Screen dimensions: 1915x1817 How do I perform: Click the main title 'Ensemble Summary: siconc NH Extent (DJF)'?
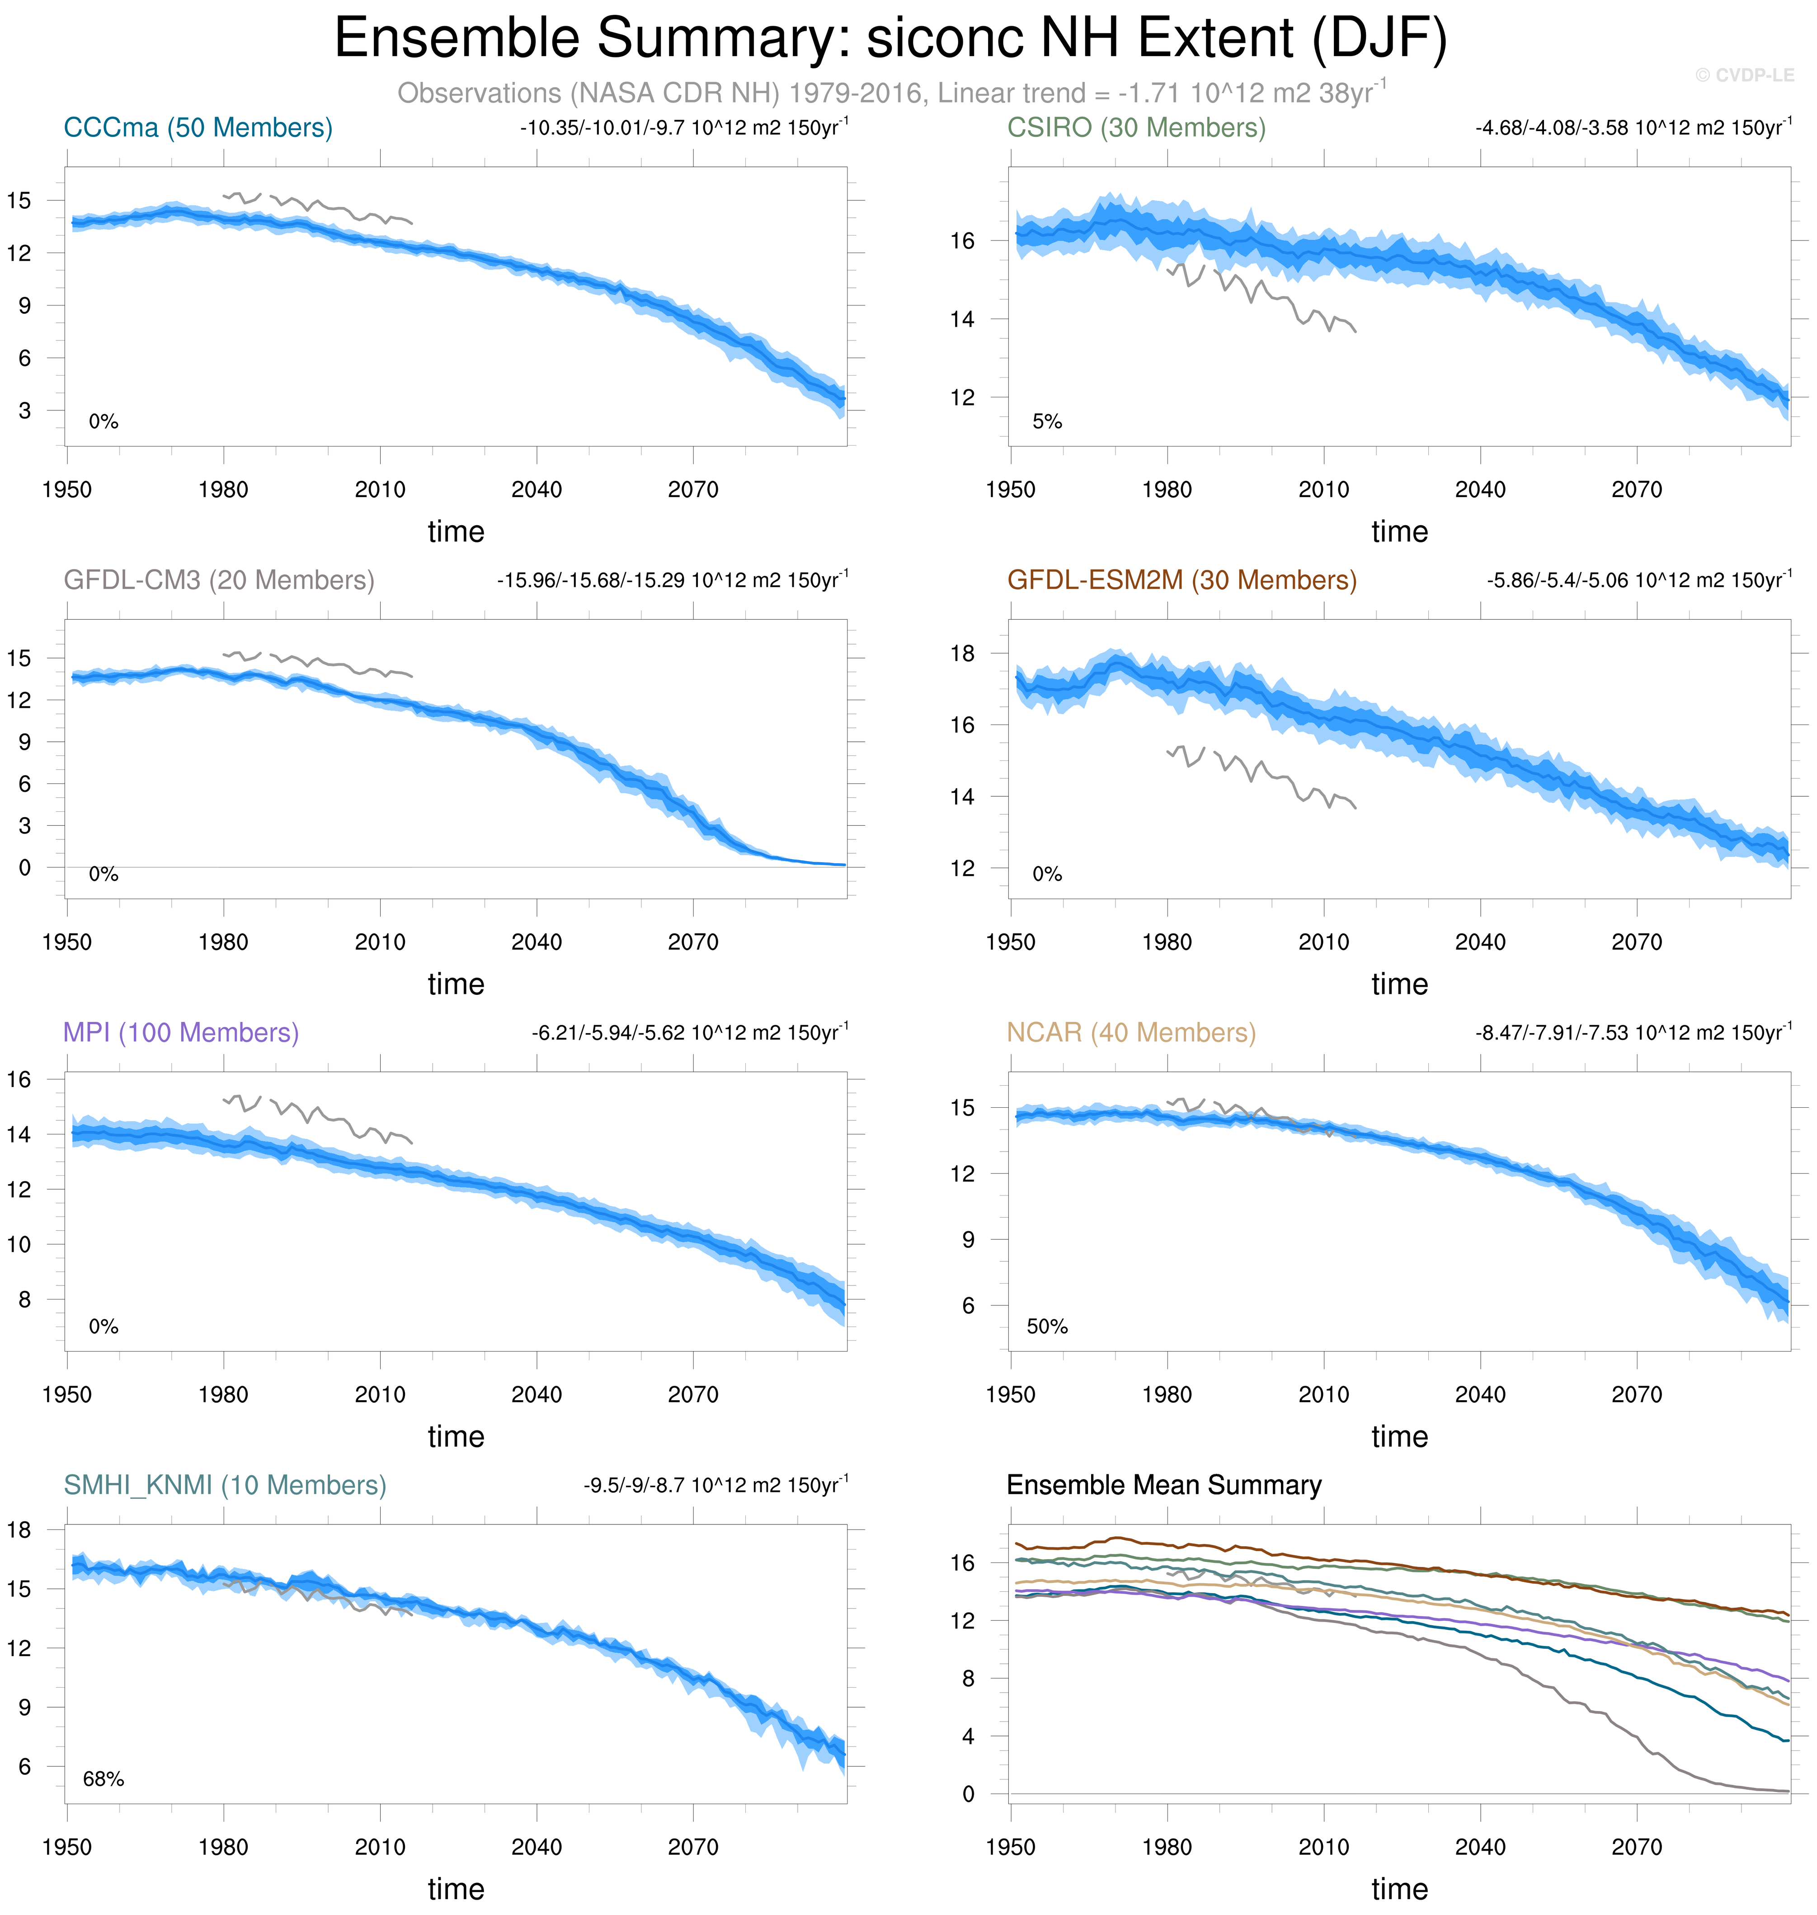pos(890,39)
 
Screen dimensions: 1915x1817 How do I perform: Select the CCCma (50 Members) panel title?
pos(198,128)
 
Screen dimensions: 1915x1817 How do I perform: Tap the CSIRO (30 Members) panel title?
pos(1136,128)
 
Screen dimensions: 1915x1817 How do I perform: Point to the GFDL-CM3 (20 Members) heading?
pos(219,580)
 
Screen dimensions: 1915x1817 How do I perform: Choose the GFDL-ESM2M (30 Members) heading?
pos(1182,580)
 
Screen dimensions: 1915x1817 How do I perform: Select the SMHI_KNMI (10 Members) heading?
pos(225,1485)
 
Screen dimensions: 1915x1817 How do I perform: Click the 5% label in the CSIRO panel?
pos(1047,421)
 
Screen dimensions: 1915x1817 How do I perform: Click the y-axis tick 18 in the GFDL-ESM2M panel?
pos(962,654)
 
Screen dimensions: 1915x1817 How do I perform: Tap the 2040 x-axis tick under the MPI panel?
pos(537,1395)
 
